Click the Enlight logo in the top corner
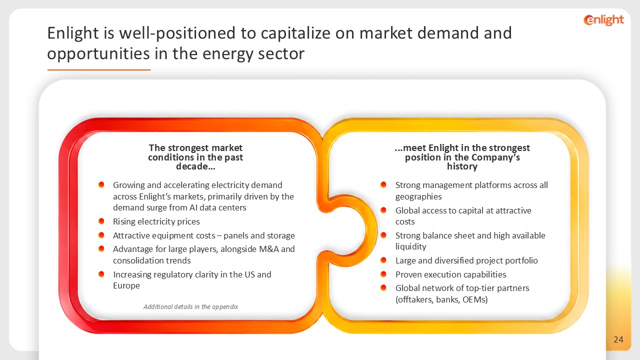pos(603,20)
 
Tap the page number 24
pos(618,339)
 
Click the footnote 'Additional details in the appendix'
pos(190,307)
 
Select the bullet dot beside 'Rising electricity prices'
pos(101,221)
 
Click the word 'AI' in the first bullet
pos(193,207)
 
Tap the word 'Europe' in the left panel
pos(126,285)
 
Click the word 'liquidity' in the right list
pos(411,246)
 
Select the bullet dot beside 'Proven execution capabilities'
pos(383,274)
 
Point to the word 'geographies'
pos(418,196)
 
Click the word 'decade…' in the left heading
pos(195,166)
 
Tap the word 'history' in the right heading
pos(462,166)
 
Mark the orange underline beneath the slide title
pos(99,69)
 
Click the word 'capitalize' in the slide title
pos(295,33)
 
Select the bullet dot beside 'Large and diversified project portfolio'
pos(383,260)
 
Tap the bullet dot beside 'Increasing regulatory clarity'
pos(101,274)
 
